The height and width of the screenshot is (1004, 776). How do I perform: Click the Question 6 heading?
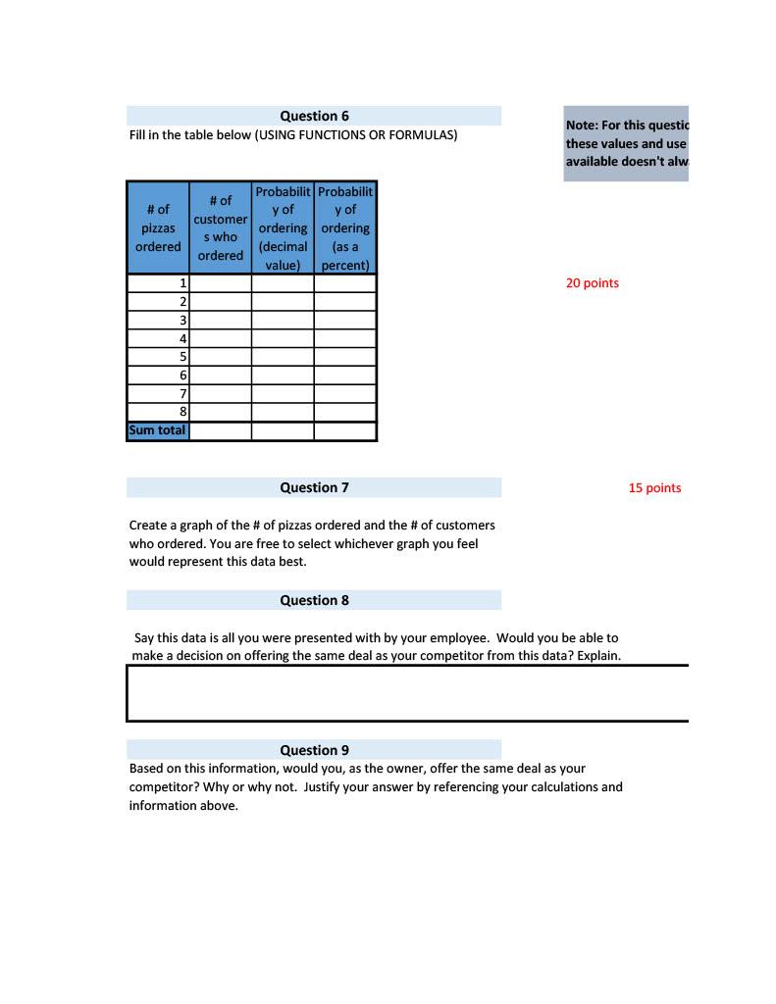(314, 116)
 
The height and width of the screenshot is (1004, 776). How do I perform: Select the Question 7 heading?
(314, 487)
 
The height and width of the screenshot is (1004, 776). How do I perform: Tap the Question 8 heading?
(314, 600)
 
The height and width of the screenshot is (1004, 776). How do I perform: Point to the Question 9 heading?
(314, 750)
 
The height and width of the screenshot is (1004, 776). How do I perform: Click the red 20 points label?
(593, 283)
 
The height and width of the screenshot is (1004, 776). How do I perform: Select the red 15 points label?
(654, 488)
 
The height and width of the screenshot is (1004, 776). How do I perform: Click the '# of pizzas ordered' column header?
(158, 227)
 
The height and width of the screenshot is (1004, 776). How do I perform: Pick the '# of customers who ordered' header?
(220, 227)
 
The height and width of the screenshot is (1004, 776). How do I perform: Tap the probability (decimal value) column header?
(283, 227)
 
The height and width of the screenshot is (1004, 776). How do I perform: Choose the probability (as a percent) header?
(345, 227)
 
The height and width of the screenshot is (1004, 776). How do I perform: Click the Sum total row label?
(158, 430)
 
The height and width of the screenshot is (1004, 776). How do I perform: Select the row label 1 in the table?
(182, 283)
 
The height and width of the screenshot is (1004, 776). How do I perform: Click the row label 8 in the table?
(182, 413)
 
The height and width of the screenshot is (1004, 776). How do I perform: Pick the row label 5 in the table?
(182, 357)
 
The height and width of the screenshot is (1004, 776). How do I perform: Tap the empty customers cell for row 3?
(220, 321)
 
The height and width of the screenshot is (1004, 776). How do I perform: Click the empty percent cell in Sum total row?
(345, 430)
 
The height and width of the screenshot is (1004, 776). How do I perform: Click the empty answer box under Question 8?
(407, 693)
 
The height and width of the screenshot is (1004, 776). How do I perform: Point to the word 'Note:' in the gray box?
(582, 125)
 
